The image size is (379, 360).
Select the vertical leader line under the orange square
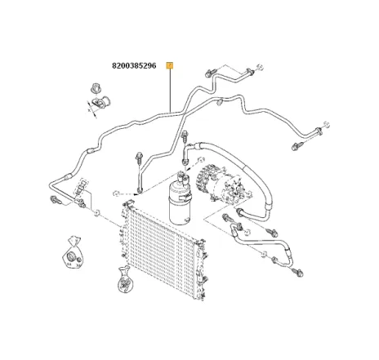(169, 90)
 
